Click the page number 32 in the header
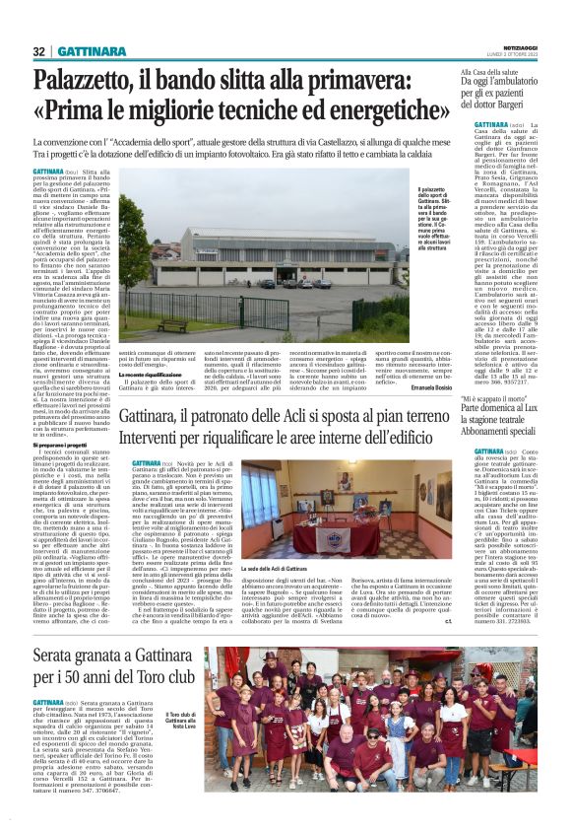[x=39, y=51]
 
